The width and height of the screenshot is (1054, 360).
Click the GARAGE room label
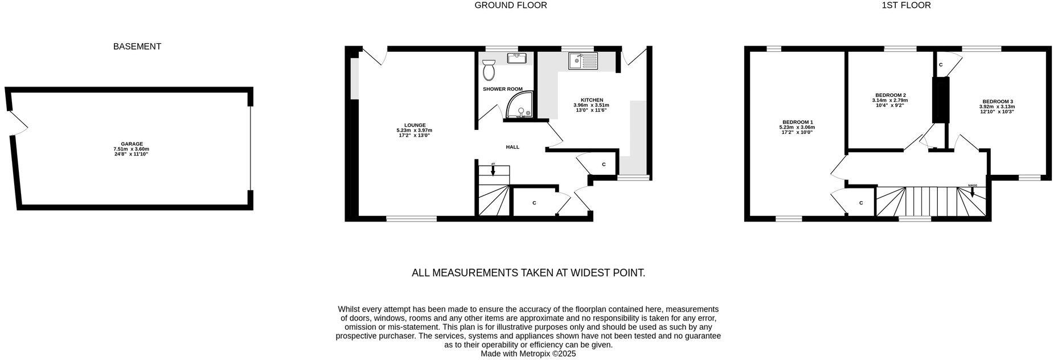pos(132,144)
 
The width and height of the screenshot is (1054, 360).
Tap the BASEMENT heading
pos(137,47)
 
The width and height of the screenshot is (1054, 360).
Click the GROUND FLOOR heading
pos(511,5)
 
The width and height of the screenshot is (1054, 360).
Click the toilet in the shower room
pos(488,69)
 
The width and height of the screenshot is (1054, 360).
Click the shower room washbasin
pos(518,57)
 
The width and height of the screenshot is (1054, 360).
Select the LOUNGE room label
pos(415,125)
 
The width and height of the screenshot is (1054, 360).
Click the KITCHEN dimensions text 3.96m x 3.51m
pos(591,105)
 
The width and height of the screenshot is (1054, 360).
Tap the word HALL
pos(512,147)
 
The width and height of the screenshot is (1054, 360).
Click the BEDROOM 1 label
pos(797,122)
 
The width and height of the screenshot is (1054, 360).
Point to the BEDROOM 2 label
pos(891,95)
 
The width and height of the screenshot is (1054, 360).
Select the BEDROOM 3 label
pos(996,101)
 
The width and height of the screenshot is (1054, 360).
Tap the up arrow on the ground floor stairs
pos(493,170)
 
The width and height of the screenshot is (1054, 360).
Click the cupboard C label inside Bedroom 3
pos(941,65)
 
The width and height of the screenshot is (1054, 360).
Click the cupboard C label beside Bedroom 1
pos(861,203)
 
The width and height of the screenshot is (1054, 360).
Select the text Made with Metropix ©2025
pos(528,354)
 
